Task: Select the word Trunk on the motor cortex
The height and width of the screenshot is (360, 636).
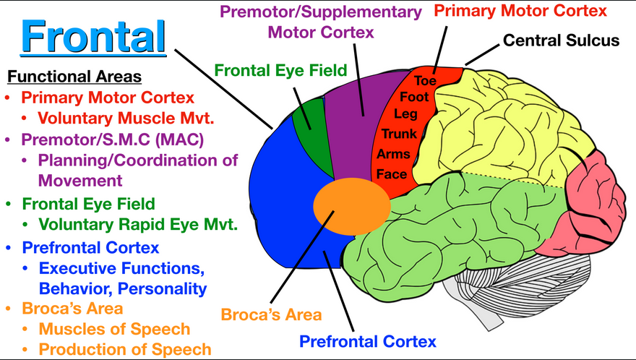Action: (399, 134)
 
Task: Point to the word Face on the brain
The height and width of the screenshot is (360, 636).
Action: (392, 174)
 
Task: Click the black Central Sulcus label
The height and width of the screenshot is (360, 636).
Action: (561, 40)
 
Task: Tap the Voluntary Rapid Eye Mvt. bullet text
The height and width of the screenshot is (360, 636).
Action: (138, 224)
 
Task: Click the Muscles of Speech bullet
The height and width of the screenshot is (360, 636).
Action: (114, 330)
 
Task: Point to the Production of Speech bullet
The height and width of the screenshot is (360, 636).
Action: (125, 350)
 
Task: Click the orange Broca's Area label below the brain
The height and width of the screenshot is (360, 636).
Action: (271, 315)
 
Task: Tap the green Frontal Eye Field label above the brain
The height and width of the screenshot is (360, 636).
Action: (281, 70)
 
